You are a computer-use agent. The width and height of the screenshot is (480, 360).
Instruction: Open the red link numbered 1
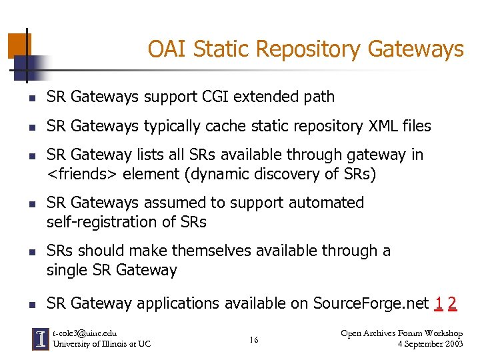click(x=438, y=304)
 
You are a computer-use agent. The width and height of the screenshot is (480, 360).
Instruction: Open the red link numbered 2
click(x=453, y=304)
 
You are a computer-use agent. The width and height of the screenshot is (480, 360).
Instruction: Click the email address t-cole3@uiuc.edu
click(x=85, y=333)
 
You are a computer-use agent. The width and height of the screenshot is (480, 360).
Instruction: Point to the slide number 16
click(x=254, y=341)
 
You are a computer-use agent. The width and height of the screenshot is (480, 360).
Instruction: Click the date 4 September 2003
click(x=430, y=344)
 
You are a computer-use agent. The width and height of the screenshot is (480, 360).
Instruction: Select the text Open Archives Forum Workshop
click(x=401, y=333)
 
